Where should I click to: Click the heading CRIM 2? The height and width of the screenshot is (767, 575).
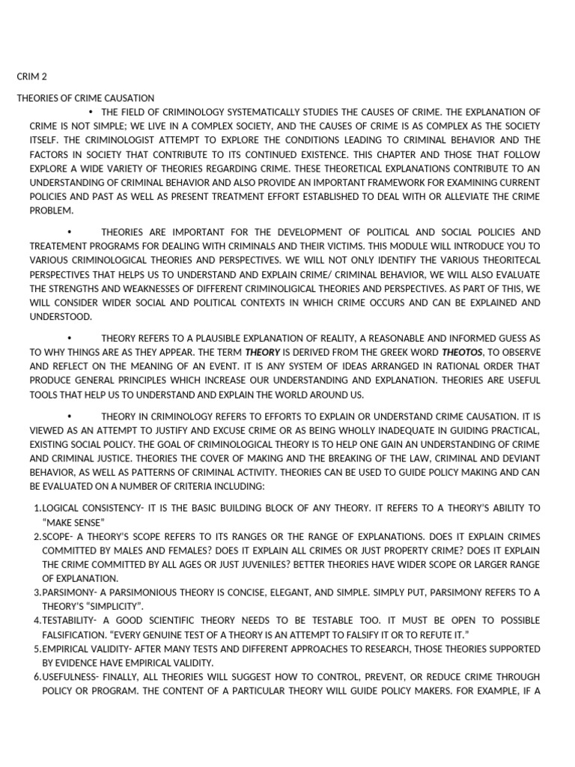coord(32,76)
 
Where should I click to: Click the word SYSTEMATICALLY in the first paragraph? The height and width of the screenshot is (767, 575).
coord(261,112)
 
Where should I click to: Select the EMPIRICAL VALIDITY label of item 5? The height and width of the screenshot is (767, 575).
coord(85,649)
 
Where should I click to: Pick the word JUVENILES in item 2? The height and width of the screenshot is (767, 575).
coord(291,564)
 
